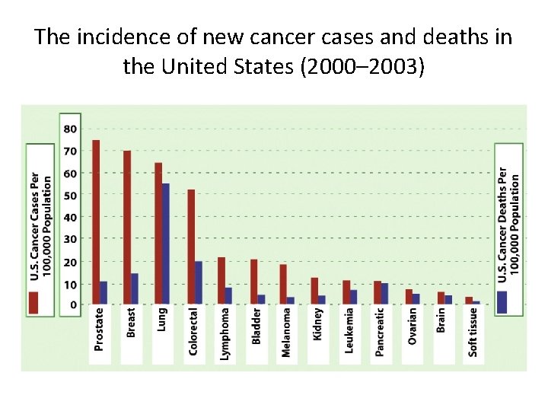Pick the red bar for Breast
coord(127,227)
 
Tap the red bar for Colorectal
coord(191,247)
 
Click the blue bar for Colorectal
coord(199,282)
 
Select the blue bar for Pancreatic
coord(385,294)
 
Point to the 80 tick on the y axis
coord(70,129)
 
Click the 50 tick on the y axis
coord(70,196)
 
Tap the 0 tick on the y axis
coord(73,304)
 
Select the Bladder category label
coord(256,326)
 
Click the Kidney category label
coord(319,323)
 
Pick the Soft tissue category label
coord(474,332)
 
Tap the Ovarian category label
coord(413,326)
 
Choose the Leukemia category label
coord(349,330)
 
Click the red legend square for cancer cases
coord(33,302)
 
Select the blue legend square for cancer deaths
coord(502,301)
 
